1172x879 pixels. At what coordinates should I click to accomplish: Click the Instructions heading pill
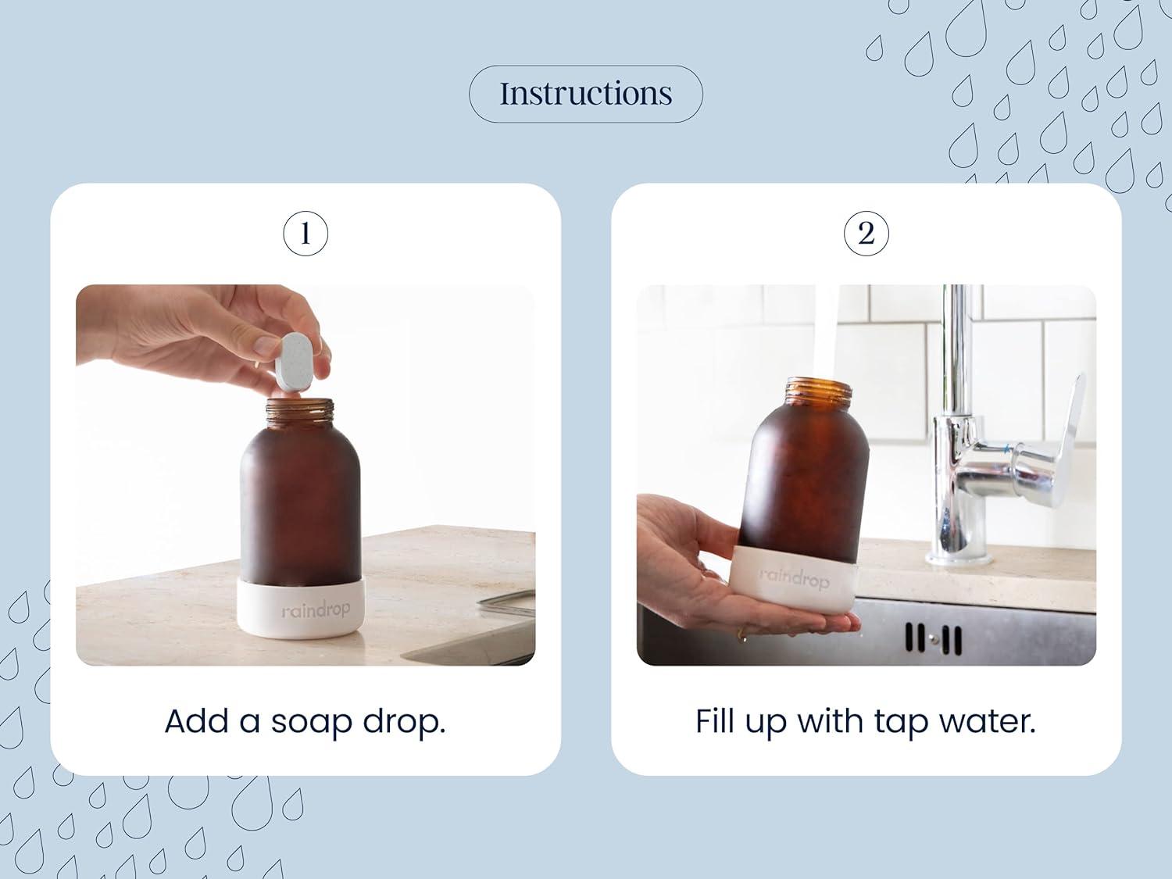[x=585, y=94]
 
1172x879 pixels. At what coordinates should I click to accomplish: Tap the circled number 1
[x=305, y=233]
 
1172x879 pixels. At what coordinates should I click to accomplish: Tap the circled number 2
[x=866, y=233]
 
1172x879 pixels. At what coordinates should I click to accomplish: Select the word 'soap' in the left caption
[x=308, y=722]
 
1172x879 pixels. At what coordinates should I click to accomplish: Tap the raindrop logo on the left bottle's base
[x=316, y=609]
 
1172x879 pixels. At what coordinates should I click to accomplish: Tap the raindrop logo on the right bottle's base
[x=794, y=578]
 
